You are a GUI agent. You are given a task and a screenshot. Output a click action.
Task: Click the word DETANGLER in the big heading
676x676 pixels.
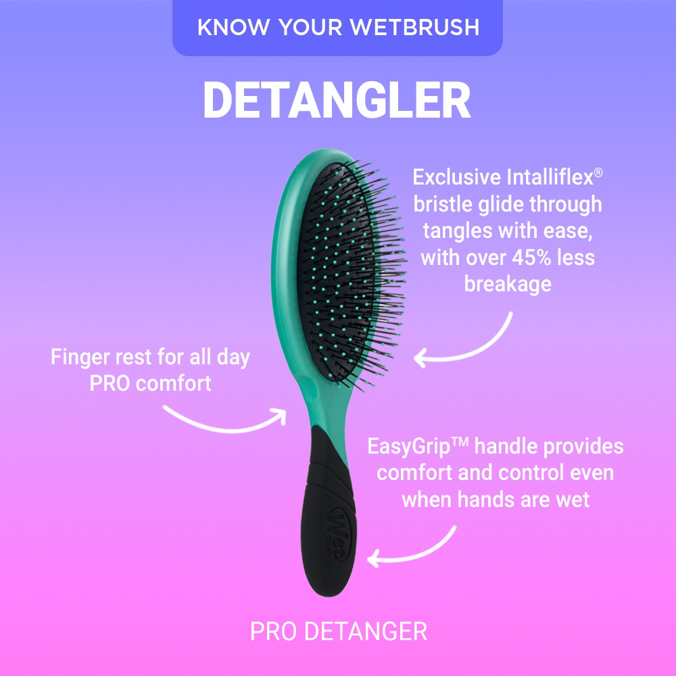pos(337,100)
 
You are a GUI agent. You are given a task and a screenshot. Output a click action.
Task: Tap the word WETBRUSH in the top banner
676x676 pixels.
pos(415,27)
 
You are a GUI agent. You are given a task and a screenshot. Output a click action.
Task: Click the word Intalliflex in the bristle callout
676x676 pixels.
pos(550,177)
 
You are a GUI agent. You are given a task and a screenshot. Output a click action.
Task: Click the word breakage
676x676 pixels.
pos(508,285)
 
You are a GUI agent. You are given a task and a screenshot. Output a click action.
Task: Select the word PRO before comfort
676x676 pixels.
pos(110,383)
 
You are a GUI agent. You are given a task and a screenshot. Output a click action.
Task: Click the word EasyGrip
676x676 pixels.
pos(409,447)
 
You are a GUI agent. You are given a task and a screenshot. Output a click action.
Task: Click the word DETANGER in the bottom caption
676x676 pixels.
pos(366,631)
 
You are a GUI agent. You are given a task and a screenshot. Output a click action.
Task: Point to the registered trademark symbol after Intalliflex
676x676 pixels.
pos(598,172)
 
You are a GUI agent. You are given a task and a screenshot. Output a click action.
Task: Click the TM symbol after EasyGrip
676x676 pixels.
pos(460,442)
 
